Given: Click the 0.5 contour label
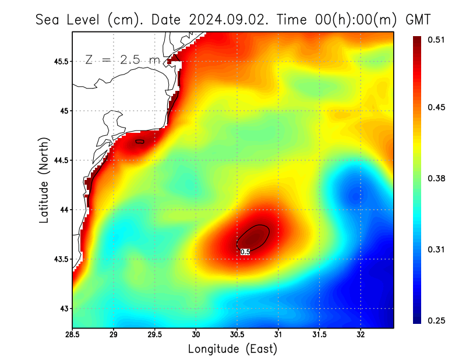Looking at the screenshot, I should [x=245, y=252].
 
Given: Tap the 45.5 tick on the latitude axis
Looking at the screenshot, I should [x=60, y=61].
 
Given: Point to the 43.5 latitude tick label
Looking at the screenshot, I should [x=60, y=259].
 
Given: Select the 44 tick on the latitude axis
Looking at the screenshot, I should [x=65, y=210].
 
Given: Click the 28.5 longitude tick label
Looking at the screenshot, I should [x=73, y=335].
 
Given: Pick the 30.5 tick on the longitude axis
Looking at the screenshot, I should [x=237, y=335].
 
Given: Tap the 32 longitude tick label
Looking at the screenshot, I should [x=361, y=335].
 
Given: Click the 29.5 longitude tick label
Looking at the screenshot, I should [x=155, y=335].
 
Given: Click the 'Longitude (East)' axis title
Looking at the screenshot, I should [x=232, y=348].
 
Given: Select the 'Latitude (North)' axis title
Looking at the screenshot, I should [x=44, y=180].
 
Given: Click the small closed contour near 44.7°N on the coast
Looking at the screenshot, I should [x=139, y=141].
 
